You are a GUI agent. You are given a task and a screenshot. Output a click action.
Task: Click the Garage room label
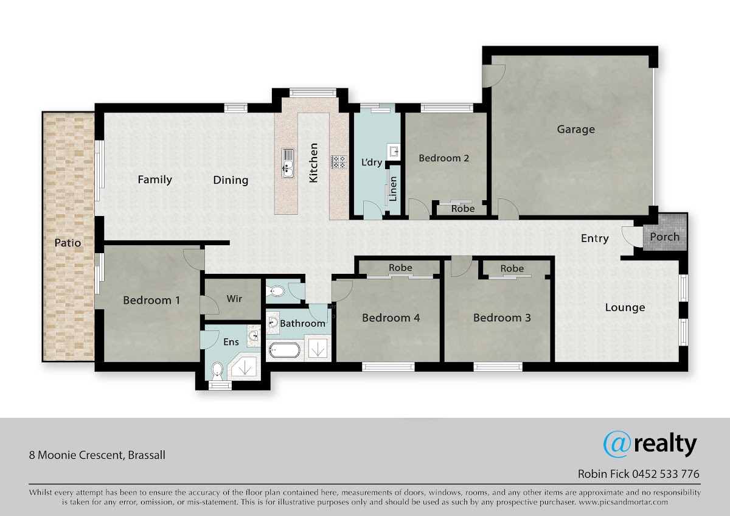click(x=576, y=130)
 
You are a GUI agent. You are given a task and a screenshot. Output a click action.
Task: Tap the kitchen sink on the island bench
click(x=288, y=163)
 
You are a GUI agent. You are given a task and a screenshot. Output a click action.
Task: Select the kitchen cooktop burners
click(x=339, y=162)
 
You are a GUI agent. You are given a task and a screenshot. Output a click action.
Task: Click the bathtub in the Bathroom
click(x=284, y=350)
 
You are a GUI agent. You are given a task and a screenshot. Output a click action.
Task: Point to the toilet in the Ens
click(x=217, y=372)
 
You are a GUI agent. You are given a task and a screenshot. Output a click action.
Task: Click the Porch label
click(x=665, y=237)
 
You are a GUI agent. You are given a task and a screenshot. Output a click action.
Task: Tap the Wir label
click(x=234, y=299)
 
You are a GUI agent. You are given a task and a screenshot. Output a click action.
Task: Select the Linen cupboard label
click(x=394, y=189)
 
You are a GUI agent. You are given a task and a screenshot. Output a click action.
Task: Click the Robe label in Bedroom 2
click(x=463, y=209)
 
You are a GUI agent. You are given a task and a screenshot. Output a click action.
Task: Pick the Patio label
click(x=68, y=243)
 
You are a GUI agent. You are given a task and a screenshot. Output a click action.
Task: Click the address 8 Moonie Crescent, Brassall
click(x=97, y=455)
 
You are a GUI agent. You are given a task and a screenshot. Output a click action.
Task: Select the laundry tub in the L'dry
click(x=394, y=152)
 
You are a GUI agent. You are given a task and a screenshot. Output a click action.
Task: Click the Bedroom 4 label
click(x=391, y=318)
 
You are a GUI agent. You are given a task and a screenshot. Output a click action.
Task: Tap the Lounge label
click(x=625, y=307)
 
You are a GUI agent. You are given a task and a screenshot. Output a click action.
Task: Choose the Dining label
click(x=231, y=180)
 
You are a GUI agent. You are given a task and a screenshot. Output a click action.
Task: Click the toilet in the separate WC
click(x=276, y=291)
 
